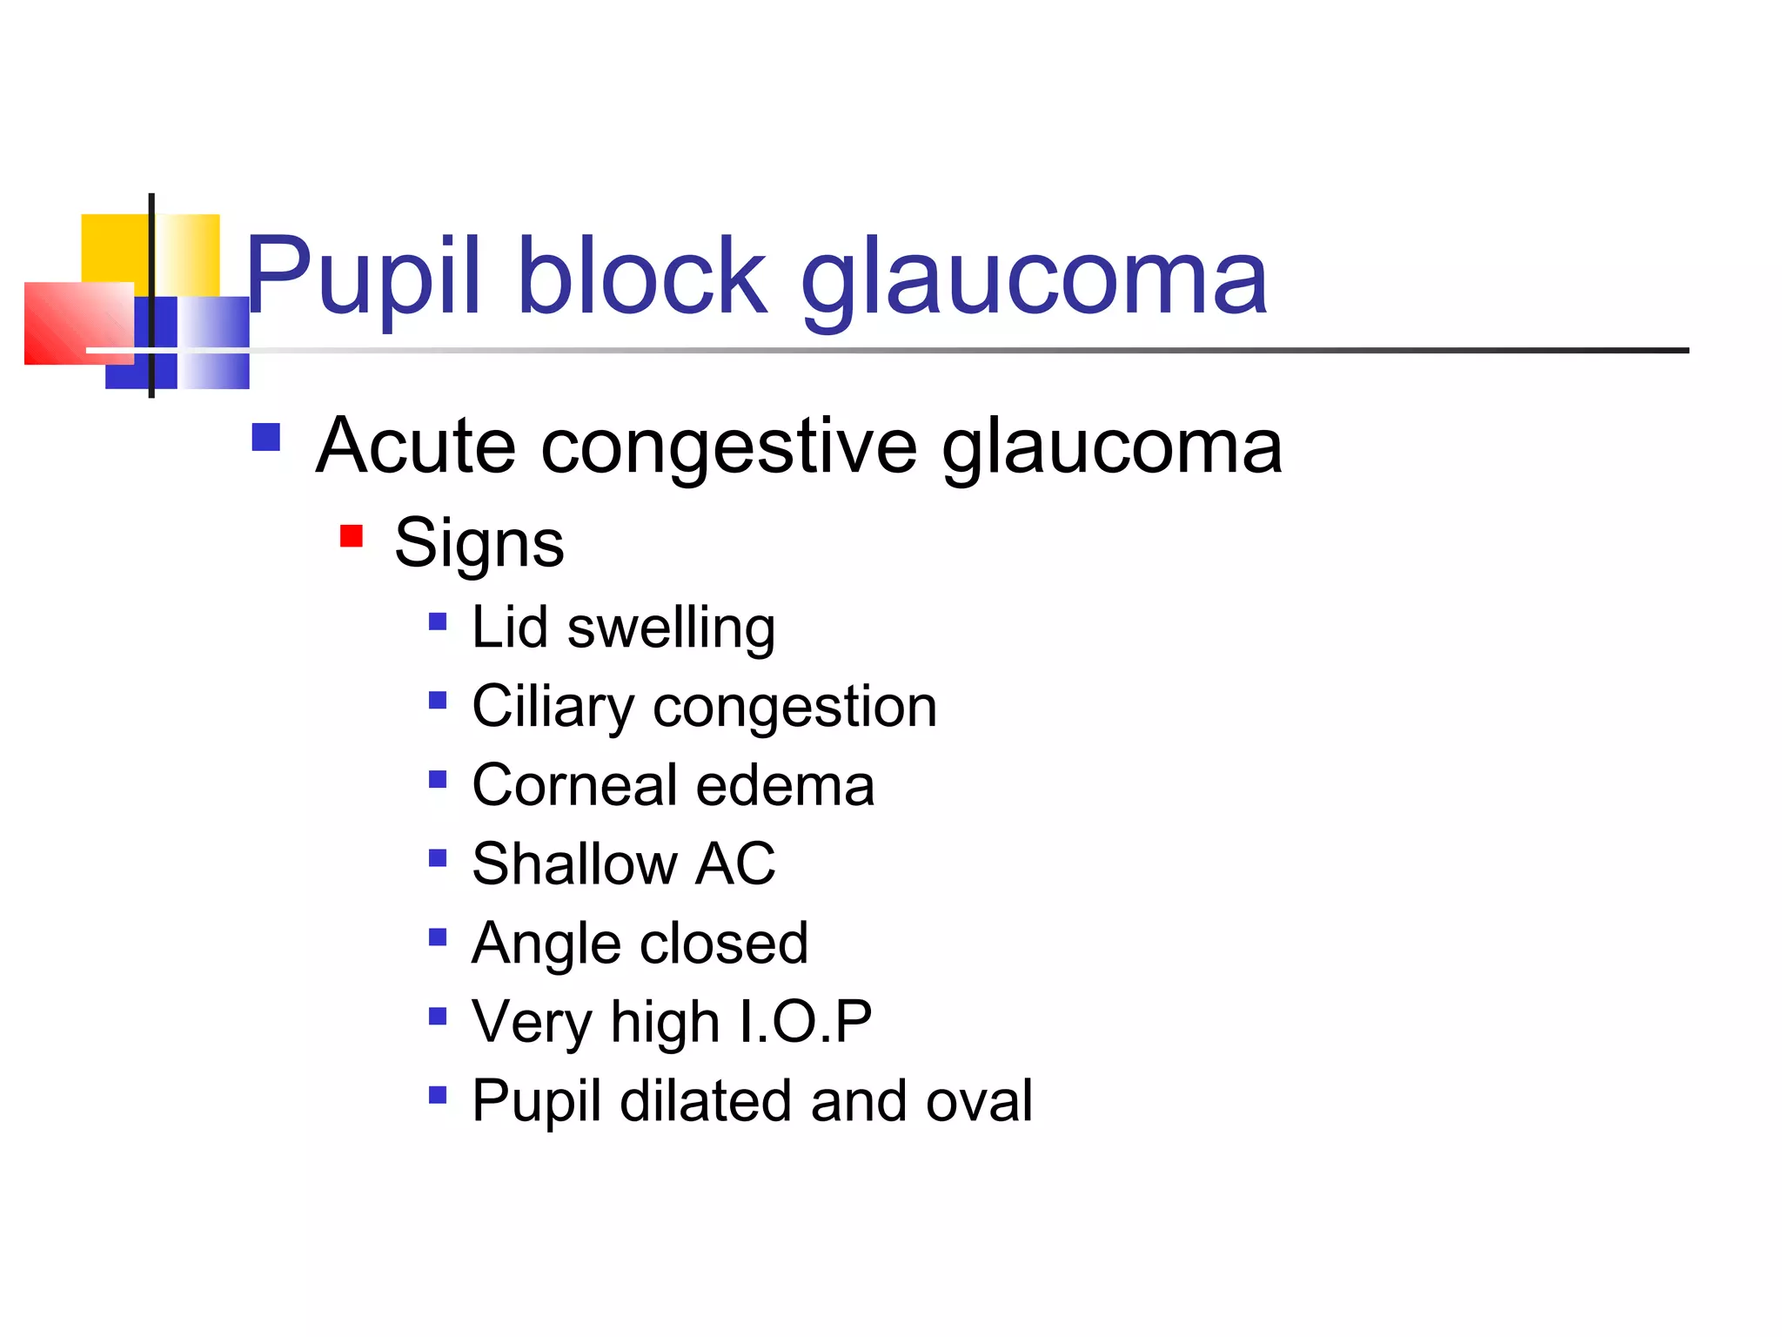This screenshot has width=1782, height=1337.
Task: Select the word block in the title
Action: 642,277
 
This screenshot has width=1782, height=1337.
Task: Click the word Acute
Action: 416,447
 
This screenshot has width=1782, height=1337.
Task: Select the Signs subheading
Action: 479,543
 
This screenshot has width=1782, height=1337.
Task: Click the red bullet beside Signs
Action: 352,536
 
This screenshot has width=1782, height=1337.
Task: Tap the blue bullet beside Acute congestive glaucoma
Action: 266,437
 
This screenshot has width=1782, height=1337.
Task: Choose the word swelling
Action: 671,628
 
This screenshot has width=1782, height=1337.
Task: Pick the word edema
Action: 785,785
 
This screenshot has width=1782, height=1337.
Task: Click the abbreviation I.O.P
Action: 804,1021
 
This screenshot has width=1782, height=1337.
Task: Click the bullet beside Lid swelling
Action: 438,621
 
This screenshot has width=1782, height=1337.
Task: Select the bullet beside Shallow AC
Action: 438,858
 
